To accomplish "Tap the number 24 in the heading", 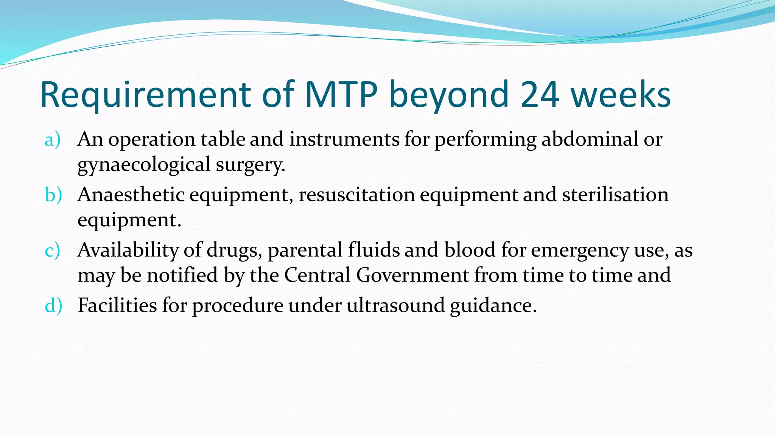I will click(540, 95).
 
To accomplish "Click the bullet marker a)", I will click(52, 140).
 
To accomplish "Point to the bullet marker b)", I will click(53, 195).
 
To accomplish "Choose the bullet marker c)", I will click(52, 250).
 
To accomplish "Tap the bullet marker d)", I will click(53, 305).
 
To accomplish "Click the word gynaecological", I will click(144, 165).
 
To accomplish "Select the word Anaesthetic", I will click(131, 195).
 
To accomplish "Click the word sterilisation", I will click(615, 195).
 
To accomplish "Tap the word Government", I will click(412, 275).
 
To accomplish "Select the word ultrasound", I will click(395, 305).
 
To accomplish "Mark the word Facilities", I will click(117, 305).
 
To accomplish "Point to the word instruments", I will click(344, 140).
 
